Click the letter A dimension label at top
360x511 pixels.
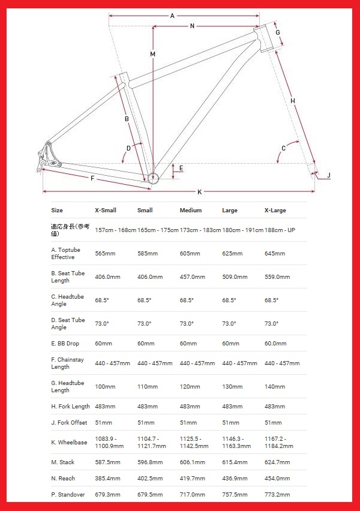pos(172,16)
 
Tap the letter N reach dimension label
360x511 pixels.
pos(192,26)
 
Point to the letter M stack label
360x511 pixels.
pos(153,54)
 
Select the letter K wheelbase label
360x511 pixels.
pos(199,192)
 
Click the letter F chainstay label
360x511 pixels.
pos(92,178)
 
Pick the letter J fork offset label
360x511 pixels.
pos(329,175)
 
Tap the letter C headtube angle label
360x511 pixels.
pos(283,148)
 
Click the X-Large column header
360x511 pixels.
pos(275,211)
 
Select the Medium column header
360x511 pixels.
pos(191,211)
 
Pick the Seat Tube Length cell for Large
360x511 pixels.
pos(235,277)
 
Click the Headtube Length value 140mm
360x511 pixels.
pos(275,387)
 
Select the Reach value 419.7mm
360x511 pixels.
pos(192,479)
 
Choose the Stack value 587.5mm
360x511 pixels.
pos(108,462)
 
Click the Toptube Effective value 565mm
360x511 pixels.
pos(106,254)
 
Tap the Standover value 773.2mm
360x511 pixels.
pos(277,495)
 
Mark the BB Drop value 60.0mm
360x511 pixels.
pos(276,344)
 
